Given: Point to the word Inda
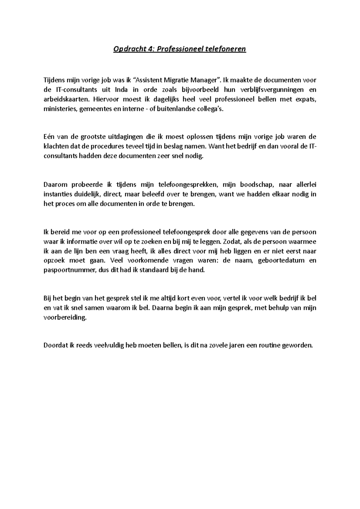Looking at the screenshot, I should [x=121, y=90].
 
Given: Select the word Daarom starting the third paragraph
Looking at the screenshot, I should [x=55, y=184].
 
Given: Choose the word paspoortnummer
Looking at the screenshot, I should [x=70, y=270].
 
